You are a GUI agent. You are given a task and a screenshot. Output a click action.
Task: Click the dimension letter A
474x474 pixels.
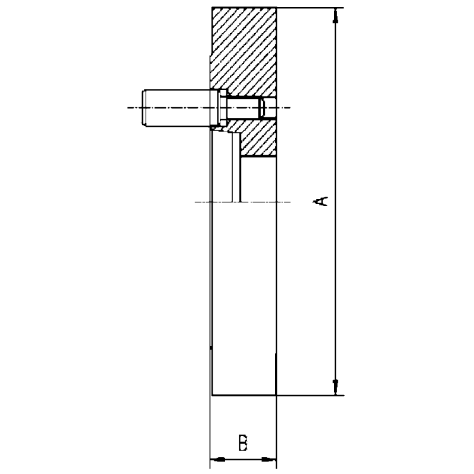pos(321,200)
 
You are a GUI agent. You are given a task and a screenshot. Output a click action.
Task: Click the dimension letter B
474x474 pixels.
pos(243,443)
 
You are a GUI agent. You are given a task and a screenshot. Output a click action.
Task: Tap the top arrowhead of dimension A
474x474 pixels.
pos(336,15)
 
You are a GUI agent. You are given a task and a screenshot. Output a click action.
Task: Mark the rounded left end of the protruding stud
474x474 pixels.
pos(144,108)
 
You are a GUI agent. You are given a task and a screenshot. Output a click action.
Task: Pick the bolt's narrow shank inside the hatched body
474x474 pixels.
pos(243,108)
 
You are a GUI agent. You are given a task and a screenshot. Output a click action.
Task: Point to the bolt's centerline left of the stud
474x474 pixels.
pos(133,108)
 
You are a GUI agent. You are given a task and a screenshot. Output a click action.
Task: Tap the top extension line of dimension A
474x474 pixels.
pos(308,8)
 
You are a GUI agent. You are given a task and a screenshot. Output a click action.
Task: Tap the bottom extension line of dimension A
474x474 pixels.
pos(308,395)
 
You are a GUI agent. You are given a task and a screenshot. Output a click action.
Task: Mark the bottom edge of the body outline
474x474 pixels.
pos(244,395)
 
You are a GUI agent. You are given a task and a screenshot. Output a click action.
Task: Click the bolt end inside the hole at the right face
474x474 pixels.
pos(262,108)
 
